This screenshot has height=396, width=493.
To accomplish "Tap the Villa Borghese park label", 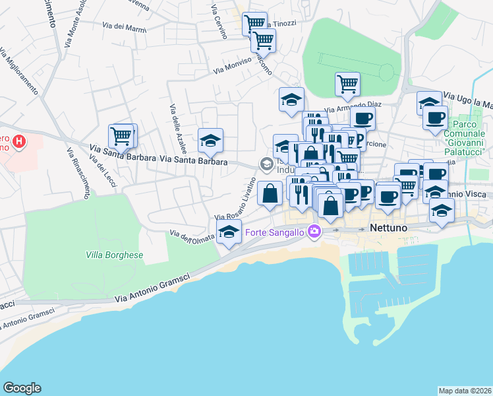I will (x=115, y=255).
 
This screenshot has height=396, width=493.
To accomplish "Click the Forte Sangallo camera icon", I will (x=314, y=232).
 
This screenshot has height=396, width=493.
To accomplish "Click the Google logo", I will (x=22, y=388).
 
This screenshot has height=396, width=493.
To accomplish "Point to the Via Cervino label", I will (x=219, y=22).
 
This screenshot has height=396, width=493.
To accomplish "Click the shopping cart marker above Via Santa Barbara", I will (x=121, y=137).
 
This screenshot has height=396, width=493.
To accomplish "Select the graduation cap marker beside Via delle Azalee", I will (x=210, y=140).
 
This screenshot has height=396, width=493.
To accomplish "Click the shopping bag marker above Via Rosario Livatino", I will (x=270, y=193).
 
